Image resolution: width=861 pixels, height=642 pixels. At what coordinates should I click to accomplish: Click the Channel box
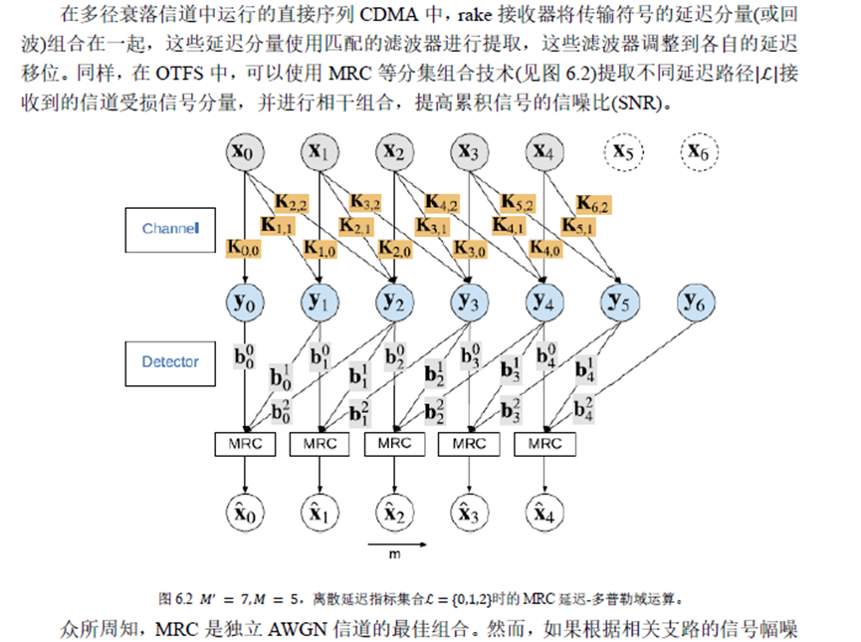[170, 229]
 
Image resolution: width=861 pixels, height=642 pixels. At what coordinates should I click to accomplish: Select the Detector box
[170, 362]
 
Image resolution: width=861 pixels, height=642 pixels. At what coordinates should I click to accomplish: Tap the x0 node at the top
[245, 152]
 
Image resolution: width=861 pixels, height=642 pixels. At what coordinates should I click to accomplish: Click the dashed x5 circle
[624, 152]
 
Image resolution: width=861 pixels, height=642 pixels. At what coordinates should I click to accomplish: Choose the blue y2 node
[395, 301]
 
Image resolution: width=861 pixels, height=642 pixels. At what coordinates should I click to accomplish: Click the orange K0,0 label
[245, 248]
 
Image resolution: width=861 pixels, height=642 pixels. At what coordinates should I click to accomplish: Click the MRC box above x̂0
[245, 443]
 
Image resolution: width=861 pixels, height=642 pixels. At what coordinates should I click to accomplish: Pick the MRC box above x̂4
[543, 443]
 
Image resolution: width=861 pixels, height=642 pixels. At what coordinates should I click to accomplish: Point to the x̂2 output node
[395, 514]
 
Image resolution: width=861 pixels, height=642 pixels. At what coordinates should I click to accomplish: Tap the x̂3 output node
[469, 514]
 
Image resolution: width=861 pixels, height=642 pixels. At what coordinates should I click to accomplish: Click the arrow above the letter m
[397, 544]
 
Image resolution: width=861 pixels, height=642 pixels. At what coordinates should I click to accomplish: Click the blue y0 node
[245, 301]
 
